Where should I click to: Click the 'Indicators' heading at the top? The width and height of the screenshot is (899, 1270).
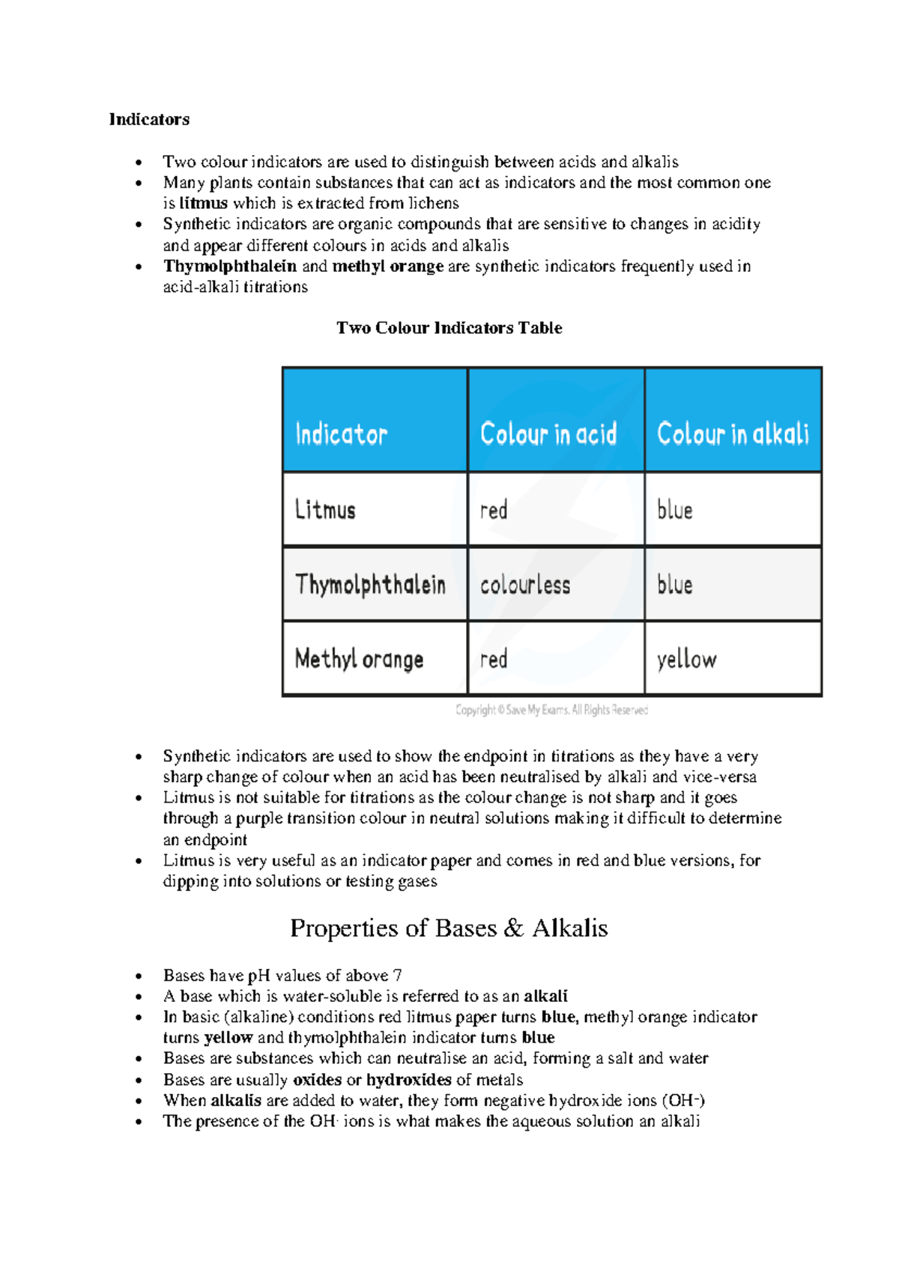click(x=149, y=120)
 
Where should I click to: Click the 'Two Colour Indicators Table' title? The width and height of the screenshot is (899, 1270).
click(x=449, y=328)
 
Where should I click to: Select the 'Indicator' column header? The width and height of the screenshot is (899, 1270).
click(x=341, y=434)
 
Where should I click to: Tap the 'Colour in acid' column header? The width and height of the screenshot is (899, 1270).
click(x=548, y=434)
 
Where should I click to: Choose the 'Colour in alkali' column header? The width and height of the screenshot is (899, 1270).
click(x=733, y=434)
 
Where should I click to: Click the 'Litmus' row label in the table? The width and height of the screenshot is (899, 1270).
click(x=325, y=510)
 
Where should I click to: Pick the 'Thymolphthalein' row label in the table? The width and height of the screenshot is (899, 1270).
click(x=370, y=585)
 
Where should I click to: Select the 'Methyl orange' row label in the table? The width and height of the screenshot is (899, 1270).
click(x=359, y=659)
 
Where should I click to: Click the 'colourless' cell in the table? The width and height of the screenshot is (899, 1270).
click(x=525, y=585)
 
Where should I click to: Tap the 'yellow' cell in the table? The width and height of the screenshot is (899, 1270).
click(x=686, y=660)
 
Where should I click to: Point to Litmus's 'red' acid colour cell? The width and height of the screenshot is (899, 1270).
click(x=494, y=511)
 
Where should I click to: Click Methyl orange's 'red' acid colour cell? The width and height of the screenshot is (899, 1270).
click(x=494, y=660)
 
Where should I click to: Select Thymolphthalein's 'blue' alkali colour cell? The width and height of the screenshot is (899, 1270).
click(x=674, y=585)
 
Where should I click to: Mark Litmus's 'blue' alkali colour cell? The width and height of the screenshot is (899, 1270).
click(x=674, y=511)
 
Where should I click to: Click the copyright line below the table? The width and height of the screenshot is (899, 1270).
click(x=551, y=710)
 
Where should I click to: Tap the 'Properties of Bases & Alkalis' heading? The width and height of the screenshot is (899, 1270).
click(x=449, y=929)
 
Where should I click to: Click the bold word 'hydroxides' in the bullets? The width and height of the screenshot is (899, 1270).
click(x=408, y=1080)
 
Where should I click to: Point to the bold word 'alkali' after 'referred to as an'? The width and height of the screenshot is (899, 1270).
click(x=545, y=997)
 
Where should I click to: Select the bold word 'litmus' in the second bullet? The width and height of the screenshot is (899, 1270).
click(x=203, y=204)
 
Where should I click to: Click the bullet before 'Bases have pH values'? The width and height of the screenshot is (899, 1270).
click(x=139, y=976)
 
